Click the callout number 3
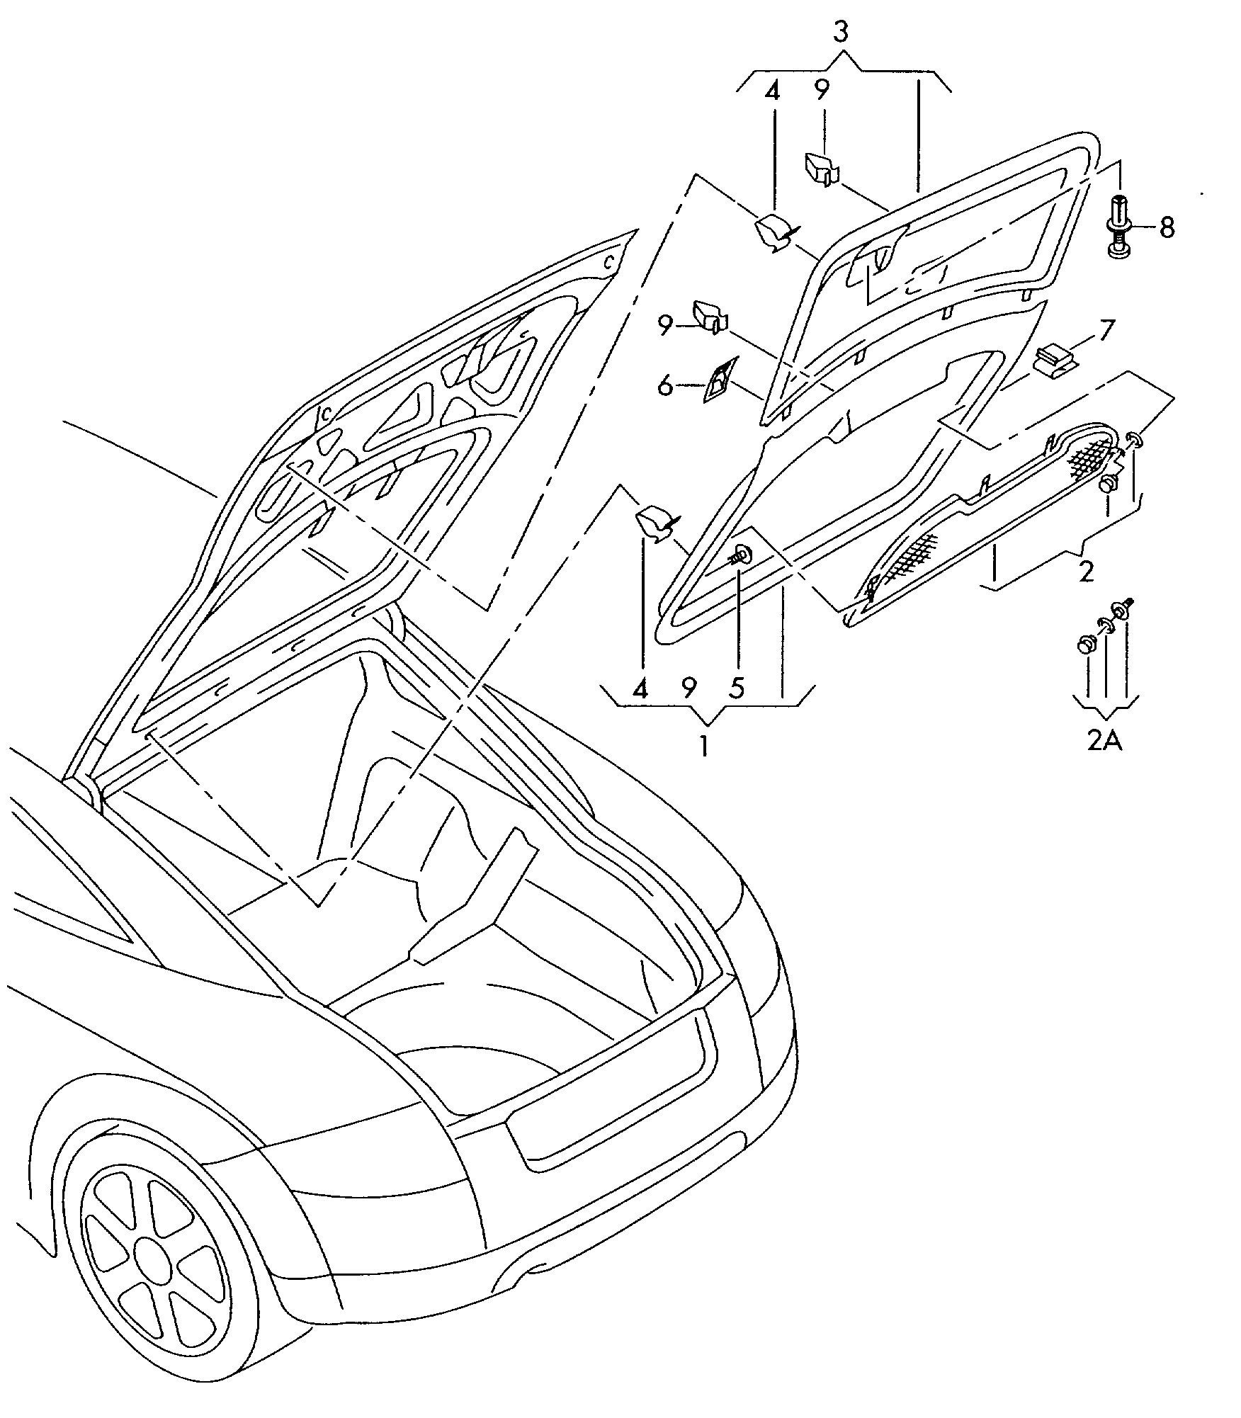pyautogui.click(x=840, y=33)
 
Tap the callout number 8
pyautogui.click(x=1167, y=228)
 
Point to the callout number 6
pyautogui.click(x=665, y=386)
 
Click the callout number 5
pyautogui.click(x=737, y=688)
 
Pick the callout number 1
pyautogui.click(x=704, y=747)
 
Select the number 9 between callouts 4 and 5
pyautogui.click(x=688, y=688)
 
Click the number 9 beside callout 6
pyautogui.click(x=665, y=325)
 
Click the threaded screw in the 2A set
pyautogui.click(x=1123, y=607)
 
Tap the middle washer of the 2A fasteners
pyautogui.click(x=1105, y=625)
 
